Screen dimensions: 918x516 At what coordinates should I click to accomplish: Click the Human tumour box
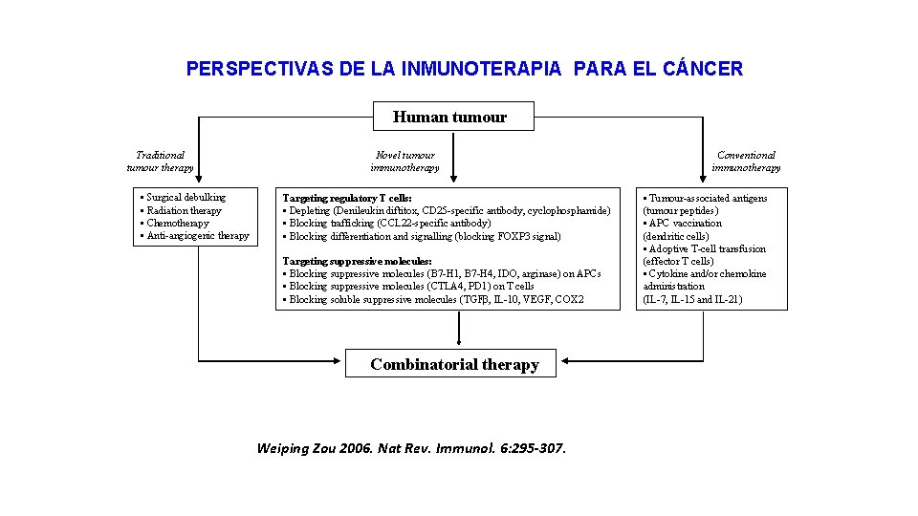click(x=450, y=118)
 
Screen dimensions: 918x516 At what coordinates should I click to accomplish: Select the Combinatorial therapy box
click(x=454, y=364)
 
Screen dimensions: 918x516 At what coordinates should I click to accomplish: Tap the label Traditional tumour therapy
click(x=160, y=161)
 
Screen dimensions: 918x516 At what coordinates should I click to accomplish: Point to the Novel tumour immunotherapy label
click(x=404, y=161)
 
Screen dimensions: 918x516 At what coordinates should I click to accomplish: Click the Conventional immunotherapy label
click(x=746, y=161)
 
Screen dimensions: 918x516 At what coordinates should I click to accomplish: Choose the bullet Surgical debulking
click(x=186, y=198)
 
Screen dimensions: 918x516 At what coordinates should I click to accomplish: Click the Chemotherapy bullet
click(x=177, y=223)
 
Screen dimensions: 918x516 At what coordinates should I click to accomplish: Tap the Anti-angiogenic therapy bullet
click(x=197, y=235)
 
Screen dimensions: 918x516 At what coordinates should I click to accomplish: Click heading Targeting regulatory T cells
click(x=347, y=198)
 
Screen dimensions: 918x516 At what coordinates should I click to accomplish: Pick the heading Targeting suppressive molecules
click(x=357, y=261)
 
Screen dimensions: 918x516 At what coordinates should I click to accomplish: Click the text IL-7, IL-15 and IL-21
click(x=692, y=299)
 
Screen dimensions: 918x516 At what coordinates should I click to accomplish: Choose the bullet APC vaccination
click(x=686, y=223)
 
